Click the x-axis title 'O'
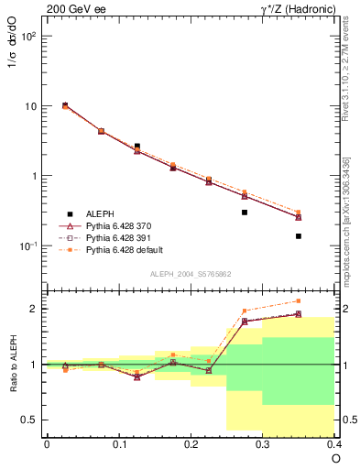point(336,458)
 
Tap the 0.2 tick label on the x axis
point(191,443)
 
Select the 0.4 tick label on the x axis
point(334,443)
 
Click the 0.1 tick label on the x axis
point(118,443)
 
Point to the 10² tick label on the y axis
point(28,37)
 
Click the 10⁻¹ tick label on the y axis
point(28,246)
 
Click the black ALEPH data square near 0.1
point(136,146)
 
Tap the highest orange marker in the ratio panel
point(299,300)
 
